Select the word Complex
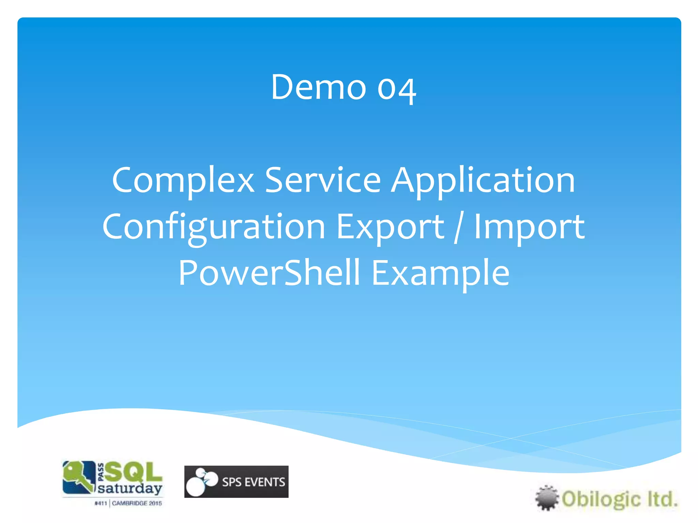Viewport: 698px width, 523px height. [x=183, y=181]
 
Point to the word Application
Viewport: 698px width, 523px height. [x=483, y=181]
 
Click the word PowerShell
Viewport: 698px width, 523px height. [x=269, y=273]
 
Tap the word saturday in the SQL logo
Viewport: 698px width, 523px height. [x=130, y=489]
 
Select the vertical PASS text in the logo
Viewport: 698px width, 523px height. [x=101, y=472]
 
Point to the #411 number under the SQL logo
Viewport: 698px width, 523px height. [x=101, y=503]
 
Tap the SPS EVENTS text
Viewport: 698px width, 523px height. [x=253, y=482]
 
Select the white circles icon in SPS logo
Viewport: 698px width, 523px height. [x=201, y=481]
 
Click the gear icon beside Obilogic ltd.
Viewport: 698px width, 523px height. [x=547, y=498]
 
